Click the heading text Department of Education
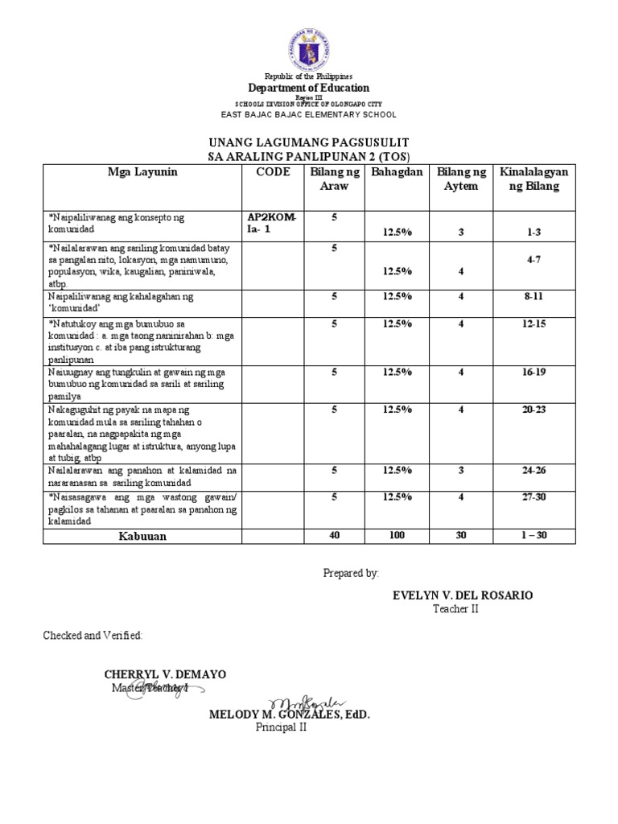[x=309, y=88]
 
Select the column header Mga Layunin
[x=142, y=172]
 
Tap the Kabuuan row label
[x=142, y=536]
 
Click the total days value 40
[x=333, y=536]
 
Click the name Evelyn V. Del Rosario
[x=462, y=595]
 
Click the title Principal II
[x=282, y=727]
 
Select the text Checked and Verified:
[x=93, y=636]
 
